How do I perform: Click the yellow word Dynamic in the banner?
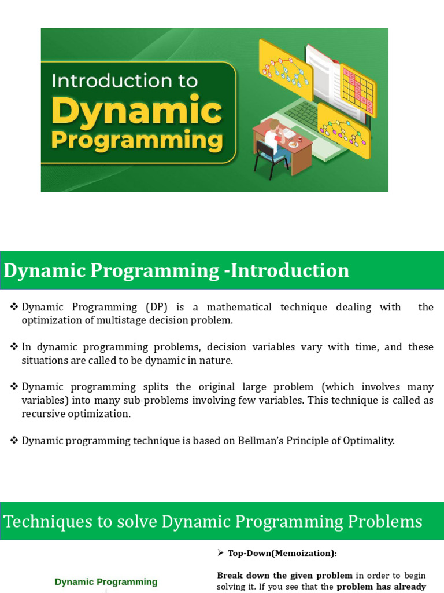[136, 111]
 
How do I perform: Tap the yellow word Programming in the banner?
[136, 141]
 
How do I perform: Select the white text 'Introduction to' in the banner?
[124, 80]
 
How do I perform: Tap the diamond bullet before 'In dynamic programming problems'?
[14, 346]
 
